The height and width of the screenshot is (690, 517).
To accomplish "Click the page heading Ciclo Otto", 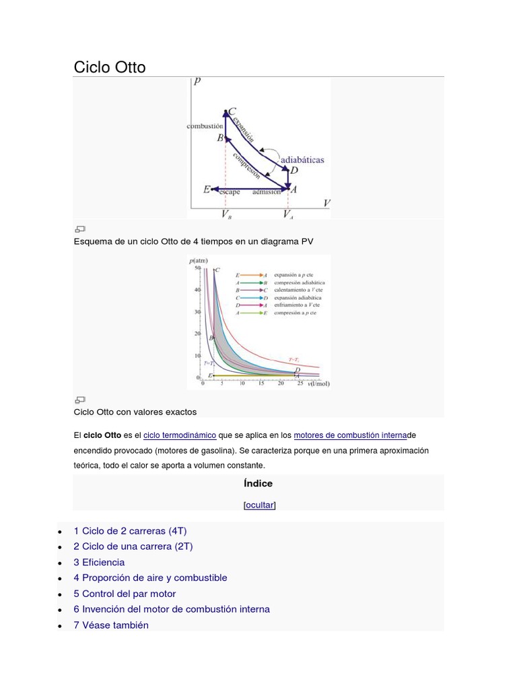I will pyautogui.click(x=109, y=67).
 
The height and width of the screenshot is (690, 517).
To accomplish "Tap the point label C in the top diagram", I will pyautogui.click(x=232, y=112).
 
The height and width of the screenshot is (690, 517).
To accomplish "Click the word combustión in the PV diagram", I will pyautogui.click(x=205, y=126).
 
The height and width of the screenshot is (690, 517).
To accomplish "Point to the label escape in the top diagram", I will pyautogui.click(x=229, y=191).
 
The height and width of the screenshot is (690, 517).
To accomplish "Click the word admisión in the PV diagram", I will pyautogui.click(x=267, y=191).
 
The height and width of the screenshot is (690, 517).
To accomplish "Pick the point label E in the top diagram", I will pyautogui.click(x=207, y=189).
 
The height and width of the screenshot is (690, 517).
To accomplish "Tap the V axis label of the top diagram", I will pyautogui.click(x=326, y=203).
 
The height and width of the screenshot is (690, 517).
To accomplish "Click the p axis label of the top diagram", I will pyautogui.click(x=197, y=82).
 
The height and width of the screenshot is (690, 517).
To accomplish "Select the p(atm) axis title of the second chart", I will pyautogui.click(x=198, y=260).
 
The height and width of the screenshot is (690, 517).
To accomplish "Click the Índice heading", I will pyautogui.click(x=258, y=483).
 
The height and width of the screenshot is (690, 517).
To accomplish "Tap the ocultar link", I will pyautogui.click(x=259, y=505).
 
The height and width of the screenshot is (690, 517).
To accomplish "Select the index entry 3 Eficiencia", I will pyautogui.click(x=99, y=562).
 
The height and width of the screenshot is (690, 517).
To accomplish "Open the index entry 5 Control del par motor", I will pyautogui.click(x=125, y=594).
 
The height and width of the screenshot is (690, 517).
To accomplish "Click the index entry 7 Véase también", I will pyautogui.click(x=111, y=625).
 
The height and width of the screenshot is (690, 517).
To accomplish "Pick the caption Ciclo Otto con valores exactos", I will pyautogui.click(x=135, y=412).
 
